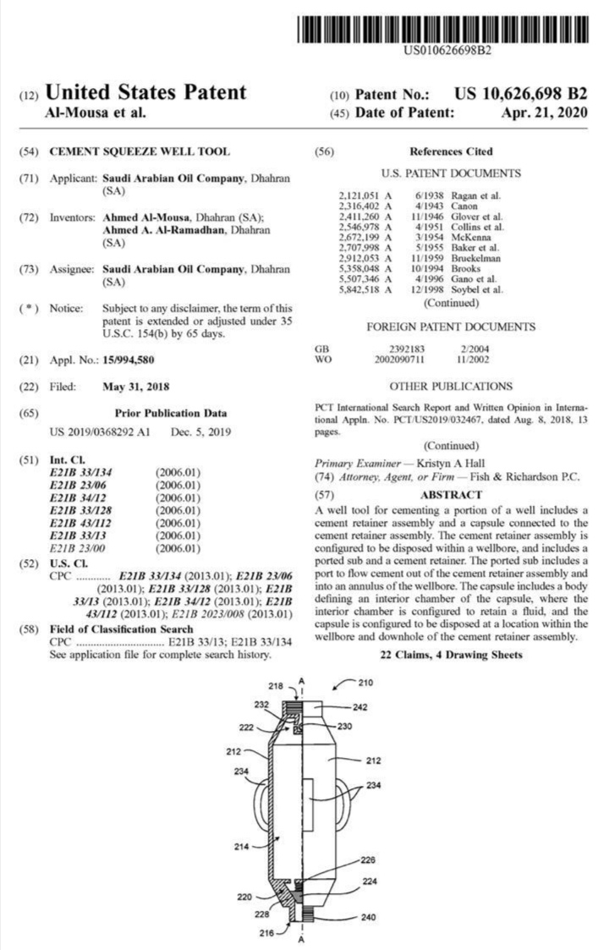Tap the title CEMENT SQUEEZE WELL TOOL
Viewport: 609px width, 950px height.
coord(140,151)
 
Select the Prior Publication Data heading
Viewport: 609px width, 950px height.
coord(170,414)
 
